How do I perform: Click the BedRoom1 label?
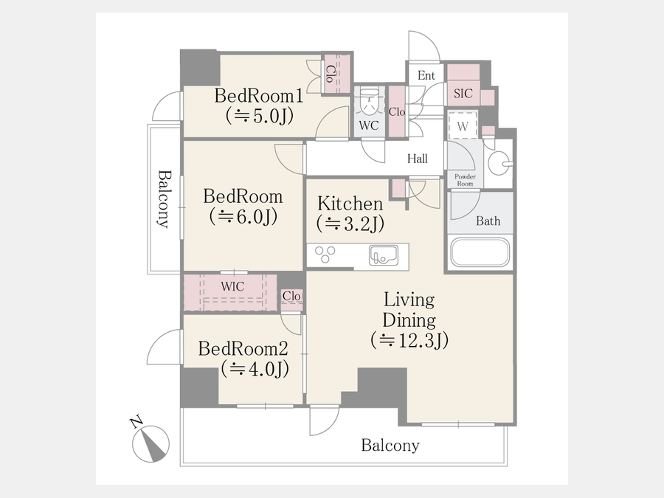point(259,96)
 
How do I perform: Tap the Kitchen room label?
point(350,204)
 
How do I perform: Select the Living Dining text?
point(409,310)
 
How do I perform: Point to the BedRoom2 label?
point(243,349)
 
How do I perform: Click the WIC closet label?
point(232,287)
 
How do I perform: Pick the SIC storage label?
point(463,93)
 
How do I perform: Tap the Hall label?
point(417,159)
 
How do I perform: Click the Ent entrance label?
point(426,75)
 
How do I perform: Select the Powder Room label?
point(465,180)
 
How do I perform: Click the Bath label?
point(488,221)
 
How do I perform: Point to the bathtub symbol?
point(480,252)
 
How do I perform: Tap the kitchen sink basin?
point(383,255)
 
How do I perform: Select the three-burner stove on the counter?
point(325,254)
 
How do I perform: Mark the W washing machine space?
point(463,125)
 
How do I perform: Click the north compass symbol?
point(151,443)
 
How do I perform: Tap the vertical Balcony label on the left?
point(165,199)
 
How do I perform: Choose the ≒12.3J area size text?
point(409,340)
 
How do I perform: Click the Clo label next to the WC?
point(397,112)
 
